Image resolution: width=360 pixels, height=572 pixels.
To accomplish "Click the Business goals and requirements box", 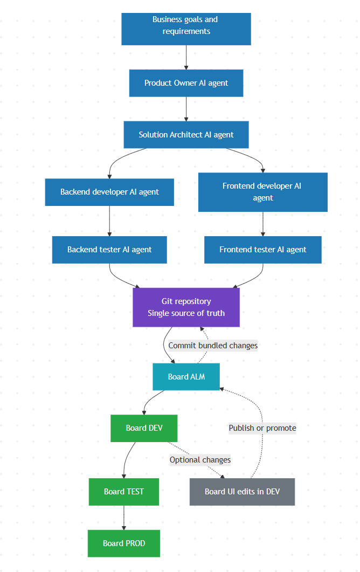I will coord(186,29).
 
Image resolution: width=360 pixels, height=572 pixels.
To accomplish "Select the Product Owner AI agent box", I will coord(186,83).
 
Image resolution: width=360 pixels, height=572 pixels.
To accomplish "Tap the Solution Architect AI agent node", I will coord(186,135).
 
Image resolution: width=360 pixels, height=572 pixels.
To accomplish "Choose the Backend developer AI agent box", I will coord(109,192).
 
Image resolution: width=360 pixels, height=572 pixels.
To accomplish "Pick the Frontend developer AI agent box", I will coord(262,192).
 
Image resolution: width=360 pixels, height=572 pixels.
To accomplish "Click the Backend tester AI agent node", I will coord(109,250).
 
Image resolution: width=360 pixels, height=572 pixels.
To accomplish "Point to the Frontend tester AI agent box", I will coord(262,250).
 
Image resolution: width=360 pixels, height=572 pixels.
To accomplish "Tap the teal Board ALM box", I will coord(186,377).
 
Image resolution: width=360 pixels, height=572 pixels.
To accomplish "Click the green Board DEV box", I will coord(144,428).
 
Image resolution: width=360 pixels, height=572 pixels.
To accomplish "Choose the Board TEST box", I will coord(124,492).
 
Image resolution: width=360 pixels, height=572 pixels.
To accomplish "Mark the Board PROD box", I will coord(124,543).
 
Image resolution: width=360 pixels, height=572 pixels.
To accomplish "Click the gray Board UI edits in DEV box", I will coord(242,492).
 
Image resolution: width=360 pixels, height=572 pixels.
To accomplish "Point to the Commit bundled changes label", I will coord(213,346).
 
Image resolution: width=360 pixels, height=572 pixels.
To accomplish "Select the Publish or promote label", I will coord(262,428).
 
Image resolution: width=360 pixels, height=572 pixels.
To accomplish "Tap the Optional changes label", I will coord(200,460).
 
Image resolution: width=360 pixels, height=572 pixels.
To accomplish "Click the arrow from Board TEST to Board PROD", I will coord(124,518).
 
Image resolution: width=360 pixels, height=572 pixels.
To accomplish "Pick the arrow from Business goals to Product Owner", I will coord(186,57).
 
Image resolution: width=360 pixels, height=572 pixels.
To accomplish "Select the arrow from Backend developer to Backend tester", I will coord(109,221).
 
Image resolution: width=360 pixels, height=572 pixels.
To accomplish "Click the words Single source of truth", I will coord(186,313).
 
